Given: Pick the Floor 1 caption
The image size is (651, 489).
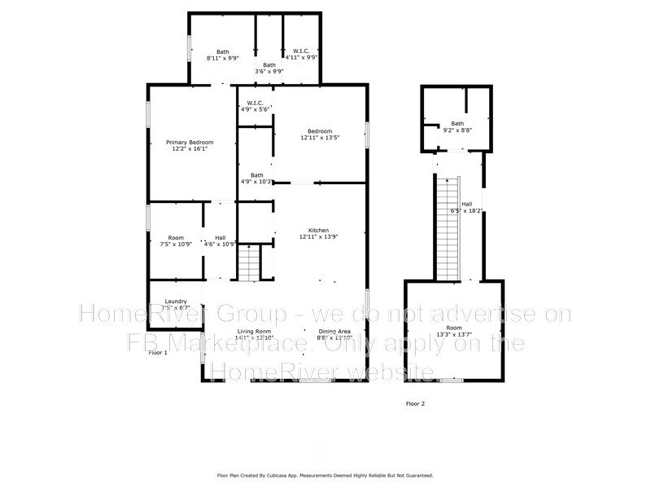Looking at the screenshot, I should point(157,353).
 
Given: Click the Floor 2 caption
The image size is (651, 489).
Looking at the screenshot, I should point(415,403).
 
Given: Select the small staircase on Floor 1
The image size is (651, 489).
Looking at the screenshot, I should point(249,262).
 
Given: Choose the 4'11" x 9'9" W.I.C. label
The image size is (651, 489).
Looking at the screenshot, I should point(300,55).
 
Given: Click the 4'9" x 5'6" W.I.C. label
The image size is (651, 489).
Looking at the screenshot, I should point(254,106).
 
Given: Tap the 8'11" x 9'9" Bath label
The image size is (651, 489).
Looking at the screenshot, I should point(222,55).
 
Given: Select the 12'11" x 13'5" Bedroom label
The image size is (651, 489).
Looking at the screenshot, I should point(319,134).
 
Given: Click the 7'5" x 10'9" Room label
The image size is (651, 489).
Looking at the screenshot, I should point(176,240).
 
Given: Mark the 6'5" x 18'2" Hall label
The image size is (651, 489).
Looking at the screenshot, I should point(467,208).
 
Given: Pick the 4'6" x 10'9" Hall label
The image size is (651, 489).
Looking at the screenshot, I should point(220,240).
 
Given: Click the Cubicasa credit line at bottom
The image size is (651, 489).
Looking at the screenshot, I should point(325,475).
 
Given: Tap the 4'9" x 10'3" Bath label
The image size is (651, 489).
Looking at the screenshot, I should point(256,178).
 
